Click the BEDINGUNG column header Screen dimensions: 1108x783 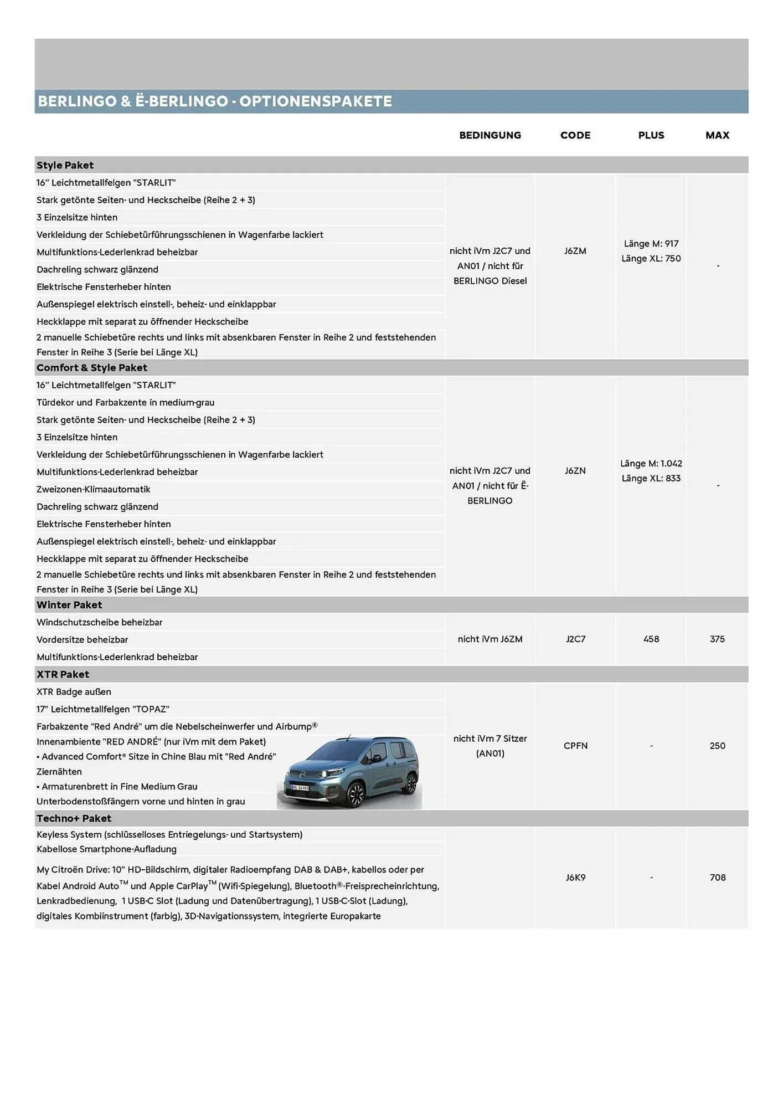click(x=490, y=135)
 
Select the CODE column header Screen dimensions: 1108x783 click(x=575, y=135)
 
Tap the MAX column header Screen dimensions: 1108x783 click(x=717, y=135)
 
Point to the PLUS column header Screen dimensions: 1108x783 click(x=651, y=135)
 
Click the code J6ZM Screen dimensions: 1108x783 click(x=575, y=251)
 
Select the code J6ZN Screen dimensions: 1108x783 click(x=575, y=471)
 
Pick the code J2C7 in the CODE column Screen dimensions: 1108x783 click(x=575, y=639)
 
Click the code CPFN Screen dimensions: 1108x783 click(x=575, y=746)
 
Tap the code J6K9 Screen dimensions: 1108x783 click(x=575, y=878)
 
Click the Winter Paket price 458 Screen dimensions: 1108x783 click(x=651, y=639)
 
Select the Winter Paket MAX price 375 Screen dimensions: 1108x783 click(x=717, y=639)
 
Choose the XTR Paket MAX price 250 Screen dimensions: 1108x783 click(x=717, y=746)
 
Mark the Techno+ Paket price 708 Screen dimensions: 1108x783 click(x=717, y=878)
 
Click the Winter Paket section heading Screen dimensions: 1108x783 click(x=69, y=605)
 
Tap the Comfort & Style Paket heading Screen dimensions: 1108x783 click(x=92, y=368)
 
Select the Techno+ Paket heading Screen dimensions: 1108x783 click(x=74, y=818)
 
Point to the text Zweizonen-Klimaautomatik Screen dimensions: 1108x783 click(x=94, y=489)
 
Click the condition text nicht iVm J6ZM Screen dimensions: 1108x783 click(x=490, y=639)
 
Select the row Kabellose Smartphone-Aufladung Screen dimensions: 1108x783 click(x=106, y=849)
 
